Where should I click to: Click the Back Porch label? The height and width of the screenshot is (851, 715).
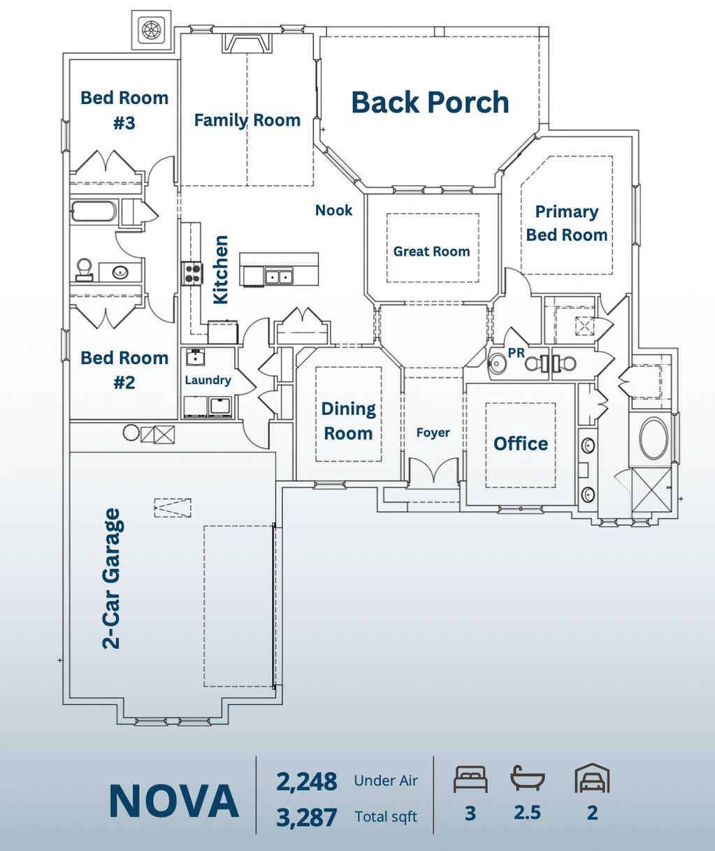click(x=430, y=102)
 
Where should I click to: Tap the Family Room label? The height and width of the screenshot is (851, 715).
click(x=247, y=120)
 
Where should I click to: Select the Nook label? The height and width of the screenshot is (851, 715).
click(x=334, y=210)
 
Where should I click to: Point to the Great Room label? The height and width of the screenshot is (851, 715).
click(x=432, y=252)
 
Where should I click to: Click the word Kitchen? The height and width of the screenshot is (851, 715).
click(x=221, y=270)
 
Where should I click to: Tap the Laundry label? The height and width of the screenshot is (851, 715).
click(x=208, y=380)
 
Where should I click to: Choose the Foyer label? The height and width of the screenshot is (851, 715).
click(x=433, y=432)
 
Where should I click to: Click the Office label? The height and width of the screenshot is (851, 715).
click(x=521, y=444)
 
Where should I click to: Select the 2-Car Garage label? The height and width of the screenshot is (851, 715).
click(x=111, y=579)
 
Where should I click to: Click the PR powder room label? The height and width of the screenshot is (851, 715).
click(x=516, y=353)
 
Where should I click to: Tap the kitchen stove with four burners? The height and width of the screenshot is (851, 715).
click(x=192, y=273)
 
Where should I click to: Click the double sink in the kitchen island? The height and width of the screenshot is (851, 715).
click(x=279, y=277)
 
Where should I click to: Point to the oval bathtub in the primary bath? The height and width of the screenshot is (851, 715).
click(x=654, y=438)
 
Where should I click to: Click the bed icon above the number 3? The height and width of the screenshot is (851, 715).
click(x=470, y=779)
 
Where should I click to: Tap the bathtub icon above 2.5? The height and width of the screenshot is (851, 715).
click(x=528, y=778)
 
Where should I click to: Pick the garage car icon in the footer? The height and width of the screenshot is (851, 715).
click(x=592, y=778)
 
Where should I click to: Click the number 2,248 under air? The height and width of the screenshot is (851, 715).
click(x=307, y=782)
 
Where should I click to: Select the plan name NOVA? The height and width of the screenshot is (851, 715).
click(x=174, y=801)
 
